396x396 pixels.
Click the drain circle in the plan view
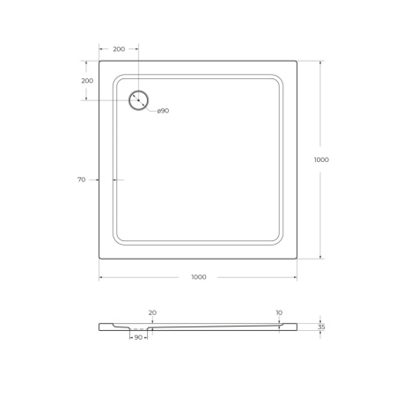click(138, 100)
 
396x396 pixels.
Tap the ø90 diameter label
click(163, 111)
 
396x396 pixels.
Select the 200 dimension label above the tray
click(118, 49)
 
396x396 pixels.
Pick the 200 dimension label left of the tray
click(86, 80)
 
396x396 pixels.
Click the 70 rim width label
click(81, 180)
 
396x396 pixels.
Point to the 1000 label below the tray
click(198, 277)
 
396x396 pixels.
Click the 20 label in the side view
click(152, 312)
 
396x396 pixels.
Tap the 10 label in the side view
click(279, 312)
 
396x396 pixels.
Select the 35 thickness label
click(322, 326)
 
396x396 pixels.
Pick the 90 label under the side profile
click(138, 337)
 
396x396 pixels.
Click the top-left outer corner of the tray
click(99, 62)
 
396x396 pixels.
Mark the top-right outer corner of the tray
click(297, 62)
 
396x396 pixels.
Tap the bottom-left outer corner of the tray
click(99, 260)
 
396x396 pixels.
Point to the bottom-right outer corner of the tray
click(297, 260)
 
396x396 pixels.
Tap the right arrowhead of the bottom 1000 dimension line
click(295, 277)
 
